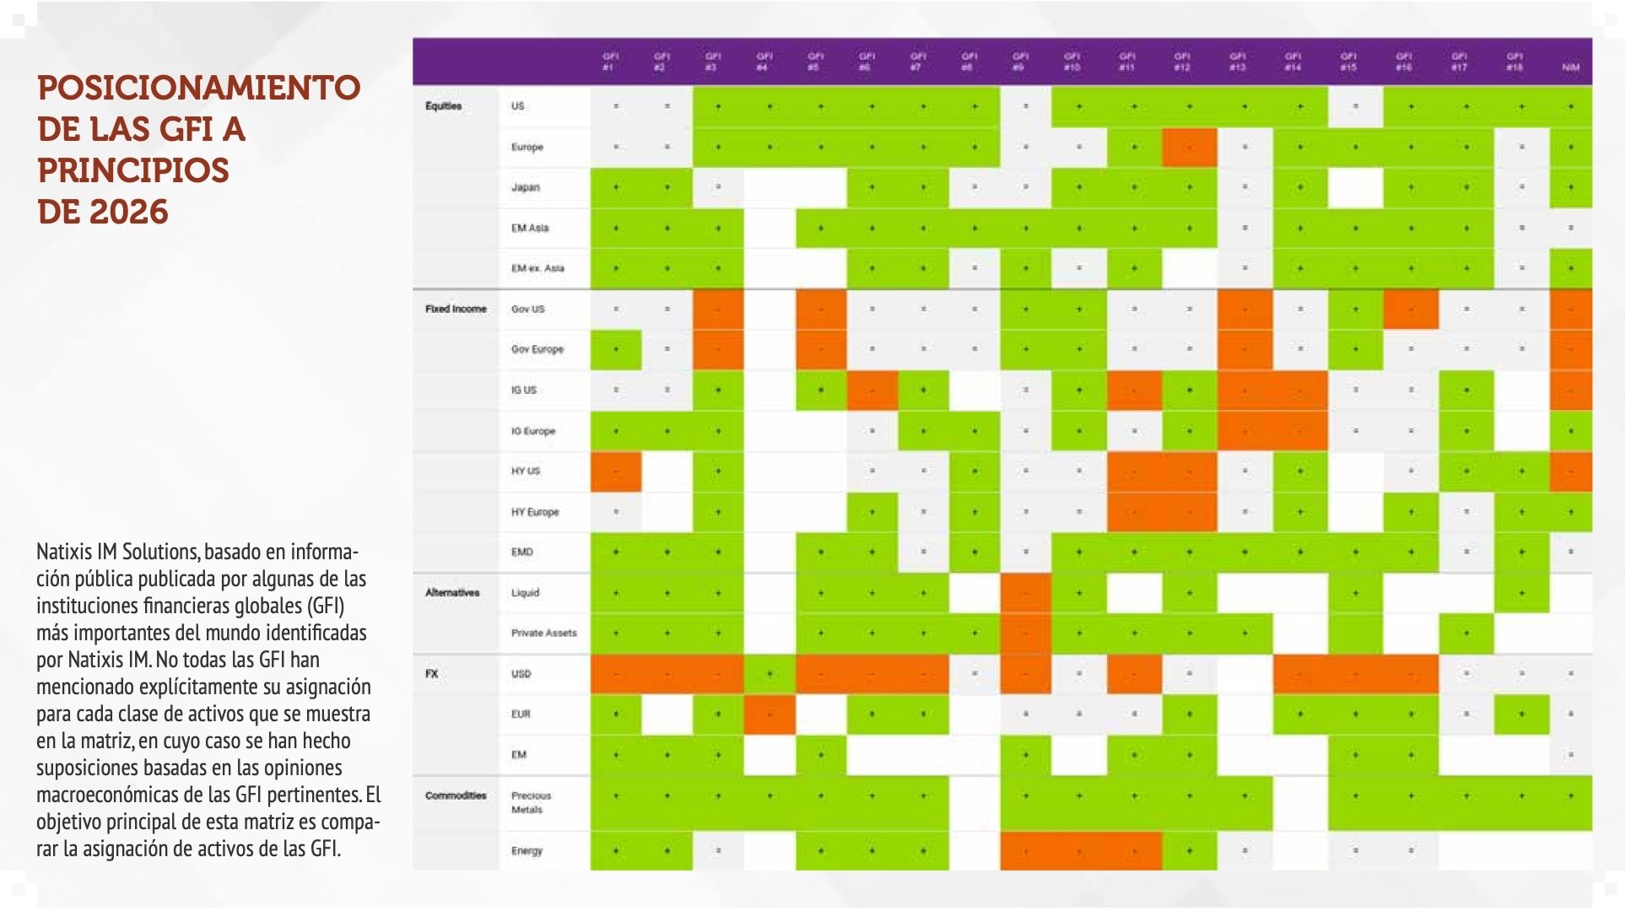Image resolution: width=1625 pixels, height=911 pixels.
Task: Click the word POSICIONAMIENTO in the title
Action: point(198,88)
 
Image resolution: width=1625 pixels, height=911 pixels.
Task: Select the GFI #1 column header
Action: point(610,62)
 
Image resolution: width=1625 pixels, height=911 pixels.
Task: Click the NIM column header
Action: point(1570,67)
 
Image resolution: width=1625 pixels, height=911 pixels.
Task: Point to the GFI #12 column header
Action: point(1182,62)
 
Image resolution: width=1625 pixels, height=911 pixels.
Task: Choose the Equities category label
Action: point(443,106)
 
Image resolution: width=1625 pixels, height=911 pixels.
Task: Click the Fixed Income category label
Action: point(456,310)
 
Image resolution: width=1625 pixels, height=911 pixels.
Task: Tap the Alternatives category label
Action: point(452,593)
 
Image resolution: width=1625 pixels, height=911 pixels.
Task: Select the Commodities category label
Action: point(456,795)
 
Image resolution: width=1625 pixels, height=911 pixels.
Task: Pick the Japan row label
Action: point(525,187)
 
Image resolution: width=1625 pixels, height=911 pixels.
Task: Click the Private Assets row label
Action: point(543,633)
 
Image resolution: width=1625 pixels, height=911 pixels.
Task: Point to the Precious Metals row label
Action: point(531,802)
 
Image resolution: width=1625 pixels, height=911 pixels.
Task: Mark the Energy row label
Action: point(526,850)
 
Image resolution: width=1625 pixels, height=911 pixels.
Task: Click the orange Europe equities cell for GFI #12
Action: point(1189,148)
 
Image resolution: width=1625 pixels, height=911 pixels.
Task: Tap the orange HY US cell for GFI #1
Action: point(616,472)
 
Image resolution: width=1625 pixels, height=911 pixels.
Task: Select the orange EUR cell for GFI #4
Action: point(769,714)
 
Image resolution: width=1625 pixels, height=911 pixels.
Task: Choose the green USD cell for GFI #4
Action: point(769,674)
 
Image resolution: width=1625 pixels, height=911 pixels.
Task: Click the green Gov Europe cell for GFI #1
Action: point(616,349)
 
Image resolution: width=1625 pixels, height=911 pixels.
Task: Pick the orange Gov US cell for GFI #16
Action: point(1410,310)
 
